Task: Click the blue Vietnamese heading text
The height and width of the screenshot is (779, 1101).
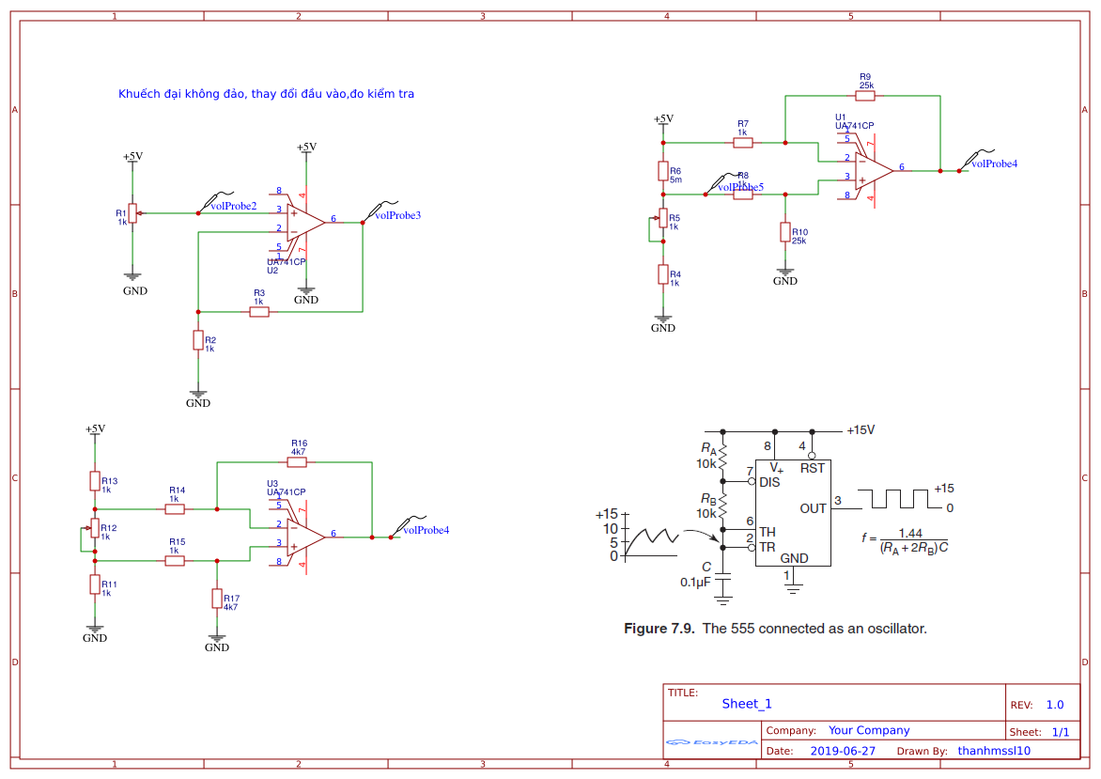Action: point(266,94)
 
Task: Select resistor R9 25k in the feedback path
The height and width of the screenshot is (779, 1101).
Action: point(865,95)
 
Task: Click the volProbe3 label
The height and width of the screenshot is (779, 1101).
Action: point(397,215)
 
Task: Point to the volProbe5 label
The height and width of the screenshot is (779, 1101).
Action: point(740,187)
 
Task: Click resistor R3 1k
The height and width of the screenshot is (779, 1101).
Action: point(259,311)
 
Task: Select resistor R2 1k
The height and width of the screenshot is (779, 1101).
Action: point(198,340)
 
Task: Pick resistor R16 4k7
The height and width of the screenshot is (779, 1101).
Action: point(298,461)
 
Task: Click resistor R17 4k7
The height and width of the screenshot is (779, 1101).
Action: point(217,599)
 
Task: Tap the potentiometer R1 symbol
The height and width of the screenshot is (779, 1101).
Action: point(132,213)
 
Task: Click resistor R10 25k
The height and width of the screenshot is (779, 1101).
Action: point(785,232)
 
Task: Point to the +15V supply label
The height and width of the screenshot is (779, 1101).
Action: point(861,430)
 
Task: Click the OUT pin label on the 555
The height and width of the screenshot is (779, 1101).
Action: point(813,508)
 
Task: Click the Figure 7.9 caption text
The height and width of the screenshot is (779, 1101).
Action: point(775,629)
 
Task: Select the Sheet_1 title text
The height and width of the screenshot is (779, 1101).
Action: point(747,704)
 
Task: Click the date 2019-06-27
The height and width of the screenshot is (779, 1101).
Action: point(842,751)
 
